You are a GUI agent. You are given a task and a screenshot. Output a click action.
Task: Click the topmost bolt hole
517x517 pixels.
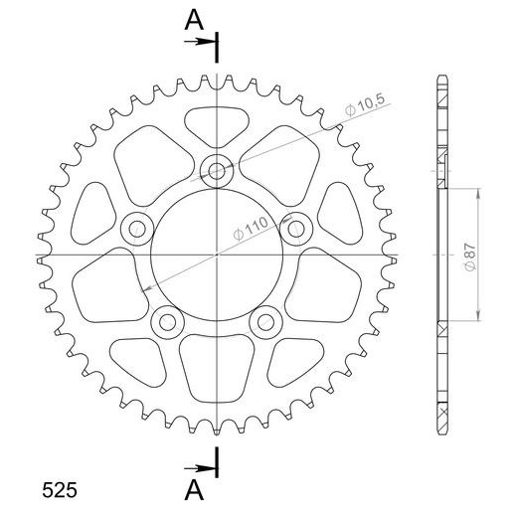coord(217,170)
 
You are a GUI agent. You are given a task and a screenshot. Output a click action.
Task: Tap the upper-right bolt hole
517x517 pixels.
coord(296,229)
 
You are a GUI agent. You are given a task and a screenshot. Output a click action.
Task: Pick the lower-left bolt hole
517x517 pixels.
coord(166,321)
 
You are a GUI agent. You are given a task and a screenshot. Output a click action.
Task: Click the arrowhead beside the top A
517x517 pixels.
coord(209,41)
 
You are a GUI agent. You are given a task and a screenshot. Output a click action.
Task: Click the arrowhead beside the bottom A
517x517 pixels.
coord(209,466)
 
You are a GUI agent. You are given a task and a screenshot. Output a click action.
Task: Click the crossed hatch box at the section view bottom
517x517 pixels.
coord(441,409)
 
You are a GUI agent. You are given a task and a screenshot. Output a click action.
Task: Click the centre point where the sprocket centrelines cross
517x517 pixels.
coord(217,257)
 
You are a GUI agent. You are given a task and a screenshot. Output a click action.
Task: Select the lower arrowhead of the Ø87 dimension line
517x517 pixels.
coord(480,317)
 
